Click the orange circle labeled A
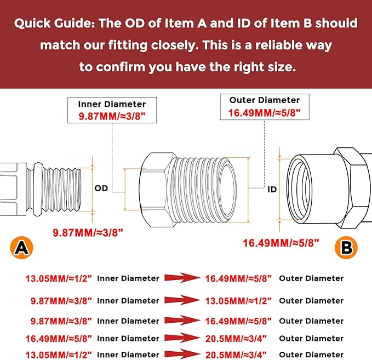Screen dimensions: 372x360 [21, 248]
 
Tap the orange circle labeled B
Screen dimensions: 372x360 [346, 248]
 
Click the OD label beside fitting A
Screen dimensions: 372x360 [101, 188]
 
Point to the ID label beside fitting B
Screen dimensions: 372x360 [272, 190]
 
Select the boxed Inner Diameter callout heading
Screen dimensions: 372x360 [112, 104]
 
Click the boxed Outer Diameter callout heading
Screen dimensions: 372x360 [265, 100]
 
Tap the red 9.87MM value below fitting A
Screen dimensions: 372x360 [88, 233]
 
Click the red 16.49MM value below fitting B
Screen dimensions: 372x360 [281, 243]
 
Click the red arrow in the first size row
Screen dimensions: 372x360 [182, 278]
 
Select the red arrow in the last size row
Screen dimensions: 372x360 [182, 354]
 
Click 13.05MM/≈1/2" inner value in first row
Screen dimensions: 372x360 [59, 278]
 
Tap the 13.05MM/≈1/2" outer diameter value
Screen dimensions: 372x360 [238, 301]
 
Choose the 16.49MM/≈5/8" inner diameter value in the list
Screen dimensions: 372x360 [59, 339]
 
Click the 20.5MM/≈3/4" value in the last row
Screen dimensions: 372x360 [236, 355]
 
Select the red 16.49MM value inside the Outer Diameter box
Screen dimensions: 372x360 [265, 113]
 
